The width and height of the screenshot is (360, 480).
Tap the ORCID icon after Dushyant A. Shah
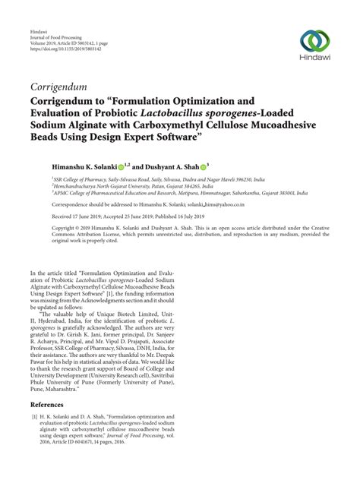click(204, 165)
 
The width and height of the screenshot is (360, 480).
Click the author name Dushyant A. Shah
click(171, 165)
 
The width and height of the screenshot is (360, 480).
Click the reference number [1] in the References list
click(34, 418)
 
